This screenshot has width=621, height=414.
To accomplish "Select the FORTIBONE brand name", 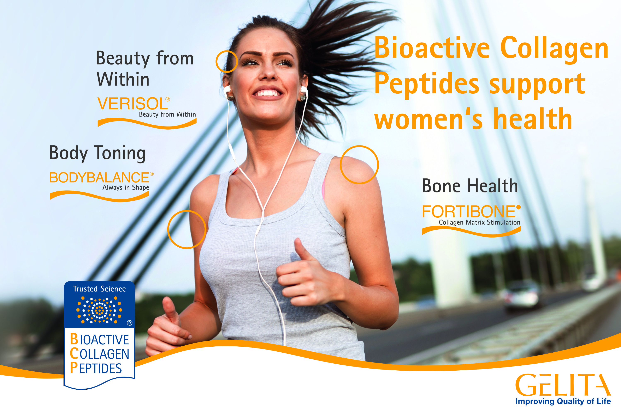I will pyautogui.click(x=468, y=211).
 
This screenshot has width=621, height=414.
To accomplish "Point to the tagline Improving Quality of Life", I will pyautogui.click(x=563, y=401).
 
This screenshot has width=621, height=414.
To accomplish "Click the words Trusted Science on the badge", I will pyautogui.click(x=99, y=289).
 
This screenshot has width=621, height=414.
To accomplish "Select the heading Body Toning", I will pyautogui.click(x=97, y=153).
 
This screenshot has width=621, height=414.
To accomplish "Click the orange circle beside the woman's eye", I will pyautogui.click(x=227, y=62).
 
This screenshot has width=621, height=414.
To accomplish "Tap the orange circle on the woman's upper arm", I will pyautogui.click(x=187, y=229).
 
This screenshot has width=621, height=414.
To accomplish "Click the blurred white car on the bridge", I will pyautogui.click(x=520, y=295).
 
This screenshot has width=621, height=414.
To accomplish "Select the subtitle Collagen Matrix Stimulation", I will pyautogui.click(x=479, y=222).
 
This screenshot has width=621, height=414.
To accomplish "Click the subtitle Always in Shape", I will pyautogui.click(x=126, y=187).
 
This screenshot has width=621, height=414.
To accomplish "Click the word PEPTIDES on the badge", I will pyautogui.click(x=96, y=368).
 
